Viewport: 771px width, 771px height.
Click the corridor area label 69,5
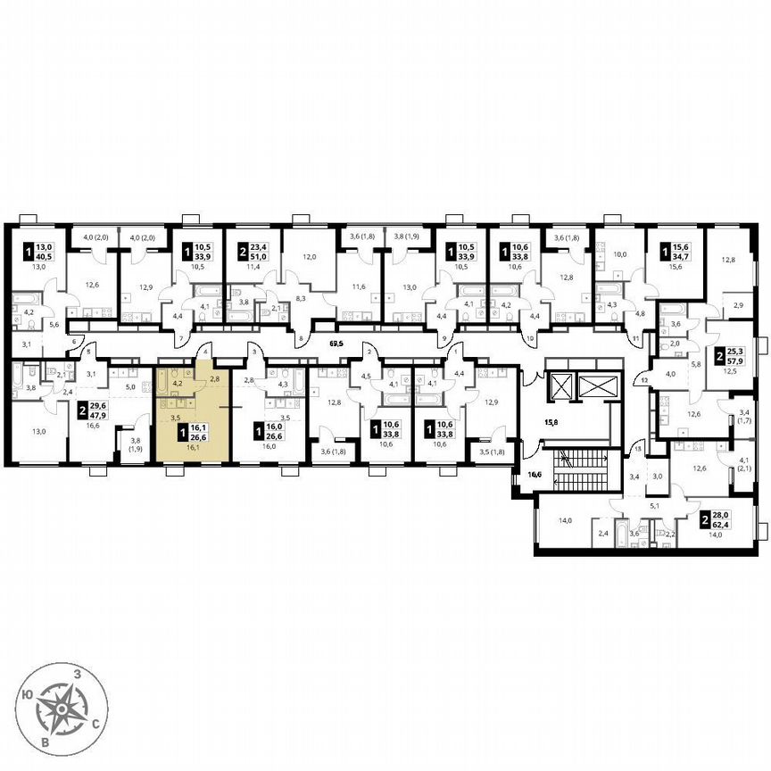(x=336, y=342)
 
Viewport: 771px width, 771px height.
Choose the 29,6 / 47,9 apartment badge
(x=89, y=410)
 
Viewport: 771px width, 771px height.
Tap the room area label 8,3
(x=278, y=302)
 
